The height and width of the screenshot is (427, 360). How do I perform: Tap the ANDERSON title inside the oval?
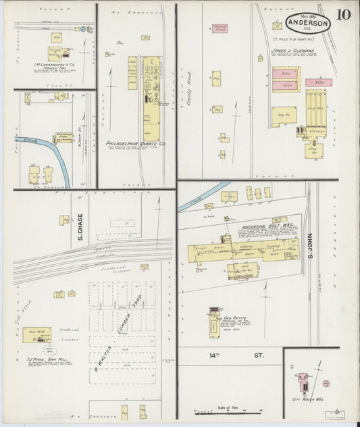tap(308, 22)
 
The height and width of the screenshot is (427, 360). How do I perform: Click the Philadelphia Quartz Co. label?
tap(136, 144)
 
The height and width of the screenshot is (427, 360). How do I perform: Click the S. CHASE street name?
tap(80, 227)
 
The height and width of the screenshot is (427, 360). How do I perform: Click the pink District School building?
tap(220, 28)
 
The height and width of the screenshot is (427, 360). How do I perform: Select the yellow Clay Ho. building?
tap(312, 150)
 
